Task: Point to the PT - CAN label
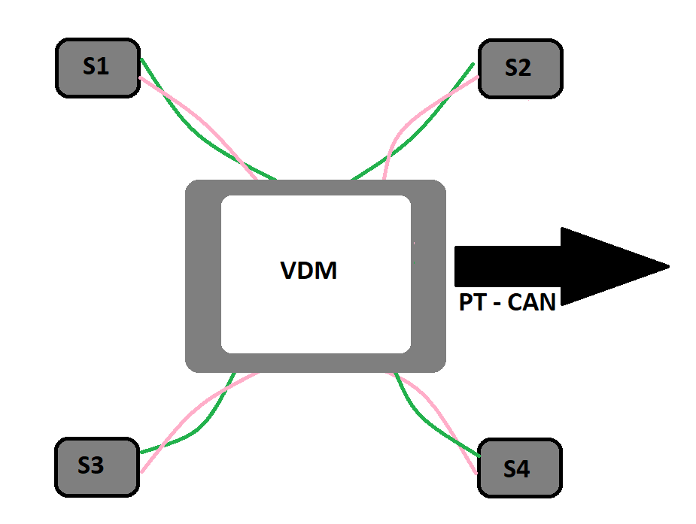[507, 302]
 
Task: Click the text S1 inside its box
[96, 67]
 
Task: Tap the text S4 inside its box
[516, 470]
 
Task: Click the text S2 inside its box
[518, 68]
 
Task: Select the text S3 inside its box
[90, 466]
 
